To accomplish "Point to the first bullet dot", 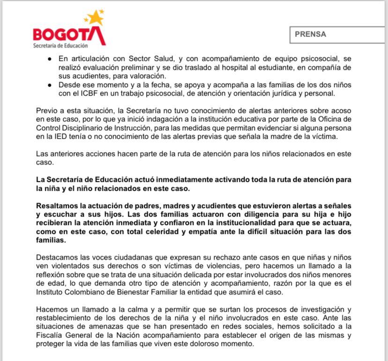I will point(50,60).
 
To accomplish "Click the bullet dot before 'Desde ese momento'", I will point(50,85).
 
